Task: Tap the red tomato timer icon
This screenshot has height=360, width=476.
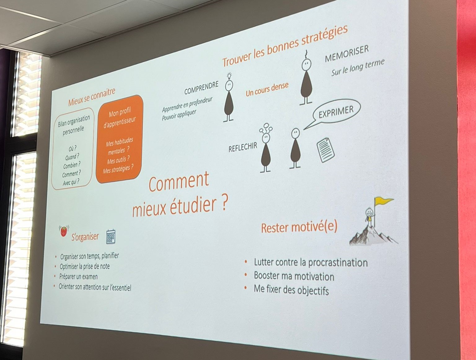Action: [x=64, y=231]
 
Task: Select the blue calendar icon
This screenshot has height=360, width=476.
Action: [x=111, y=236]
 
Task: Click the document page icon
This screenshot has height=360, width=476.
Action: [x=325, y=150]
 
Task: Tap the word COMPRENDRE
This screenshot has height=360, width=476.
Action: [x=201, y=88]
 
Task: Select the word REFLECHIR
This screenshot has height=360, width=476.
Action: [x=243, y=147]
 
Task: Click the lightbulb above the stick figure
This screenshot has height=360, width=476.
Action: [x=229, y=76]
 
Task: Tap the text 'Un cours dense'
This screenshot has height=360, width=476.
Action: [x=267, y=89]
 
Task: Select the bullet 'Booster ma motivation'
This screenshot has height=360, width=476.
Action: [x=294, y=276]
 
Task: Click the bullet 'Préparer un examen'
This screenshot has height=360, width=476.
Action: [x=78, y=277]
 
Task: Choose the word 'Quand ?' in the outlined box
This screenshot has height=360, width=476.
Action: [x=72, y=157]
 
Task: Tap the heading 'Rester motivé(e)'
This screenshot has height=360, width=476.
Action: [x=299, y=227]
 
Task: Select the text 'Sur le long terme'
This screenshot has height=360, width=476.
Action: [x=358, y=67]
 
